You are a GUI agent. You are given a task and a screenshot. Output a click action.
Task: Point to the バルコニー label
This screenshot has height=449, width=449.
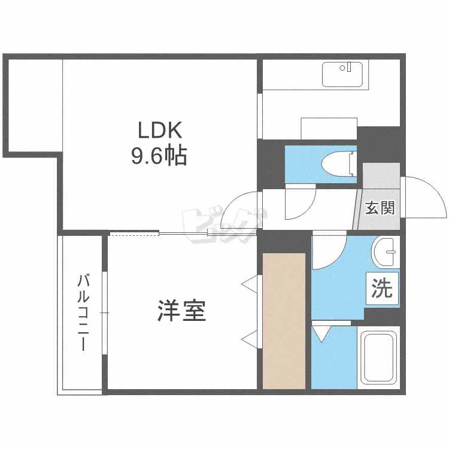pyautogui.click(x=84, y=313)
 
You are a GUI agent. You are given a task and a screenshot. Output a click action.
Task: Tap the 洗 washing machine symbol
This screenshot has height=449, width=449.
pyautogui.click(x=382, y=290)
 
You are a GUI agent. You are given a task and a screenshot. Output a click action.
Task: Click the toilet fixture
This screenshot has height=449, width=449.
pyautogui.click(x=339, y=163)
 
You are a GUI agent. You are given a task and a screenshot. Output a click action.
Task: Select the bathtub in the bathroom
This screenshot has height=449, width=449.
pyautogui.click(x=378, y=358)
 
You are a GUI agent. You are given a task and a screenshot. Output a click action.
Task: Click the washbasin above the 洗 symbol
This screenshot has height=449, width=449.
pyautogui.click(x=385, y=253)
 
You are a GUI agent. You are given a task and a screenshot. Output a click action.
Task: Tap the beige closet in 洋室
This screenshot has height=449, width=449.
pyautogui.click(x=284, y=321)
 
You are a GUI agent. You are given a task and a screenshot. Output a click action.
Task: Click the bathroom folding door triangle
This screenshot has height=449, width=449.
pyautogui.click(x=321, y=333)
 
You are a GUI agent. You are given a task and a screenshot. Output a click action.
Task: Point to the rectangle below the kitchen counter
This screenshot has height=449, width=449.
pyautogui.click(x=329, y=128)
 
